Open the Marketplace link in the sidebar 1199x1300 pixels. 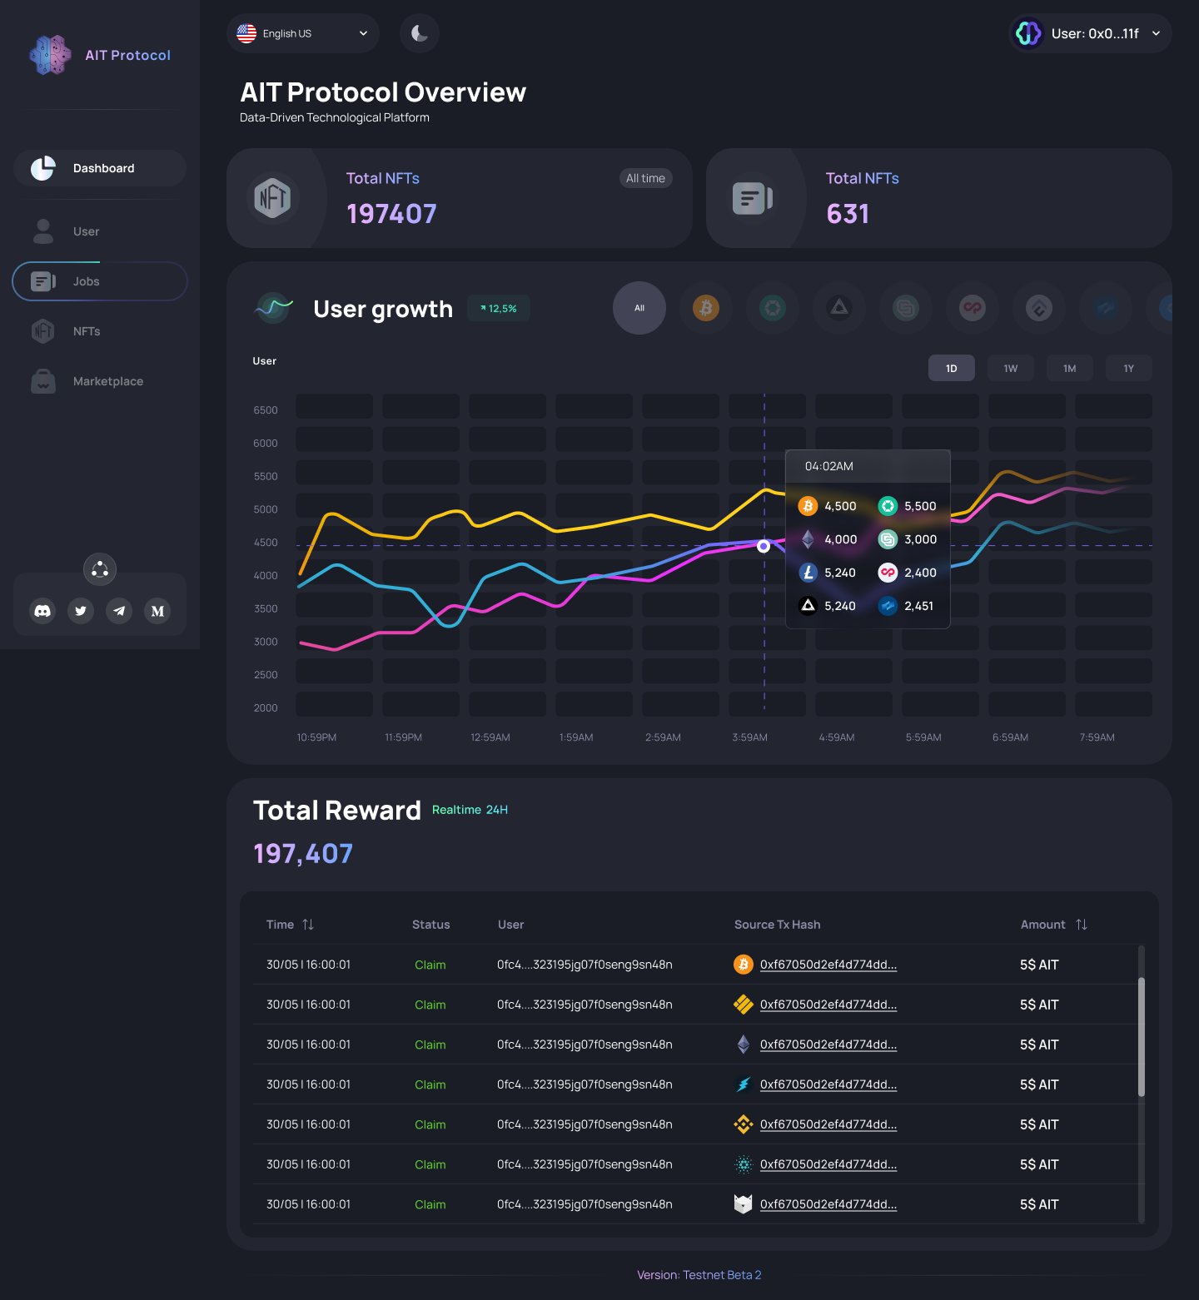[107, 381]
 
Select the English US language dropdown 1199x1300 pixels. [302, 33]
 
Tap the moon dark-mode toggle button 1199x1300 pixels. [420, 33]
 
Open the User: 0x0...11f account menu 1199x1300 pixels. [1090, 33]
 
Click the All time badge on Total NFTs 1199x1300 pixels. [645, 178]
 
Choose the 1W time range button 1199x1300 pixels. [1010, 369]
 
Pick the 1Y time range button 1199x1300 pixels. [1128, 369]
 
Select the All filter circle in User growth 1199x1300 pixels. [639, 308]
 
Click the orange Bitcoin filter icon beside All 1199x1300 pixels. [706, 308]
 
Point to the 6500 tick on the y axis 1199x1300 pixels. [266, 410]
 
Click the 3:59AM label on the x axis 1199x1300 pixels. [749, 737]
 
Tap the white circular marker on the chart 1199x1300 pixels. [764, 546]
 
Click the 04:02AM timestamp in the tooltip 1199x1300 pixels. [828, 466]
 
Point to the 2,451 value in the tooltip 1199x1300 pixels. [918, 606]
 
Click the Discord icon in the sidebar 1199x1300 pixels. [42, 611]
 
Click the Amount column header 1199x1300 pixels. [1042, 925]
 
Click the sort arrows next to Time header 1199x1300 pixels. [308, 925]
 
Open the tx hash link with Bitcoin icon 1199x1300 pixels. [828, 965]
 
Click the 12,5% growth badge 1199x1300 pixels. [499, 309]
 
